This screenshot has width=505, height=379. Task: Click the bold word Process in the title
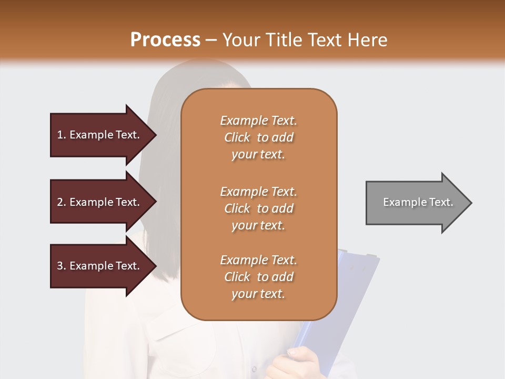(x=165, y=40)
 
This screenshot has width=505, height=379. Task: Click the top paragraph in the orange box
(x=258, y=137)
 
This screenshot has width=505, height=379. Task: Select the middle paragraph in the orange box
(x=258, y=208)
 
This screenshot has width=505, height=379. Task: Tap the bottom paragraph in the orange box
(x=258, y=277)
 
